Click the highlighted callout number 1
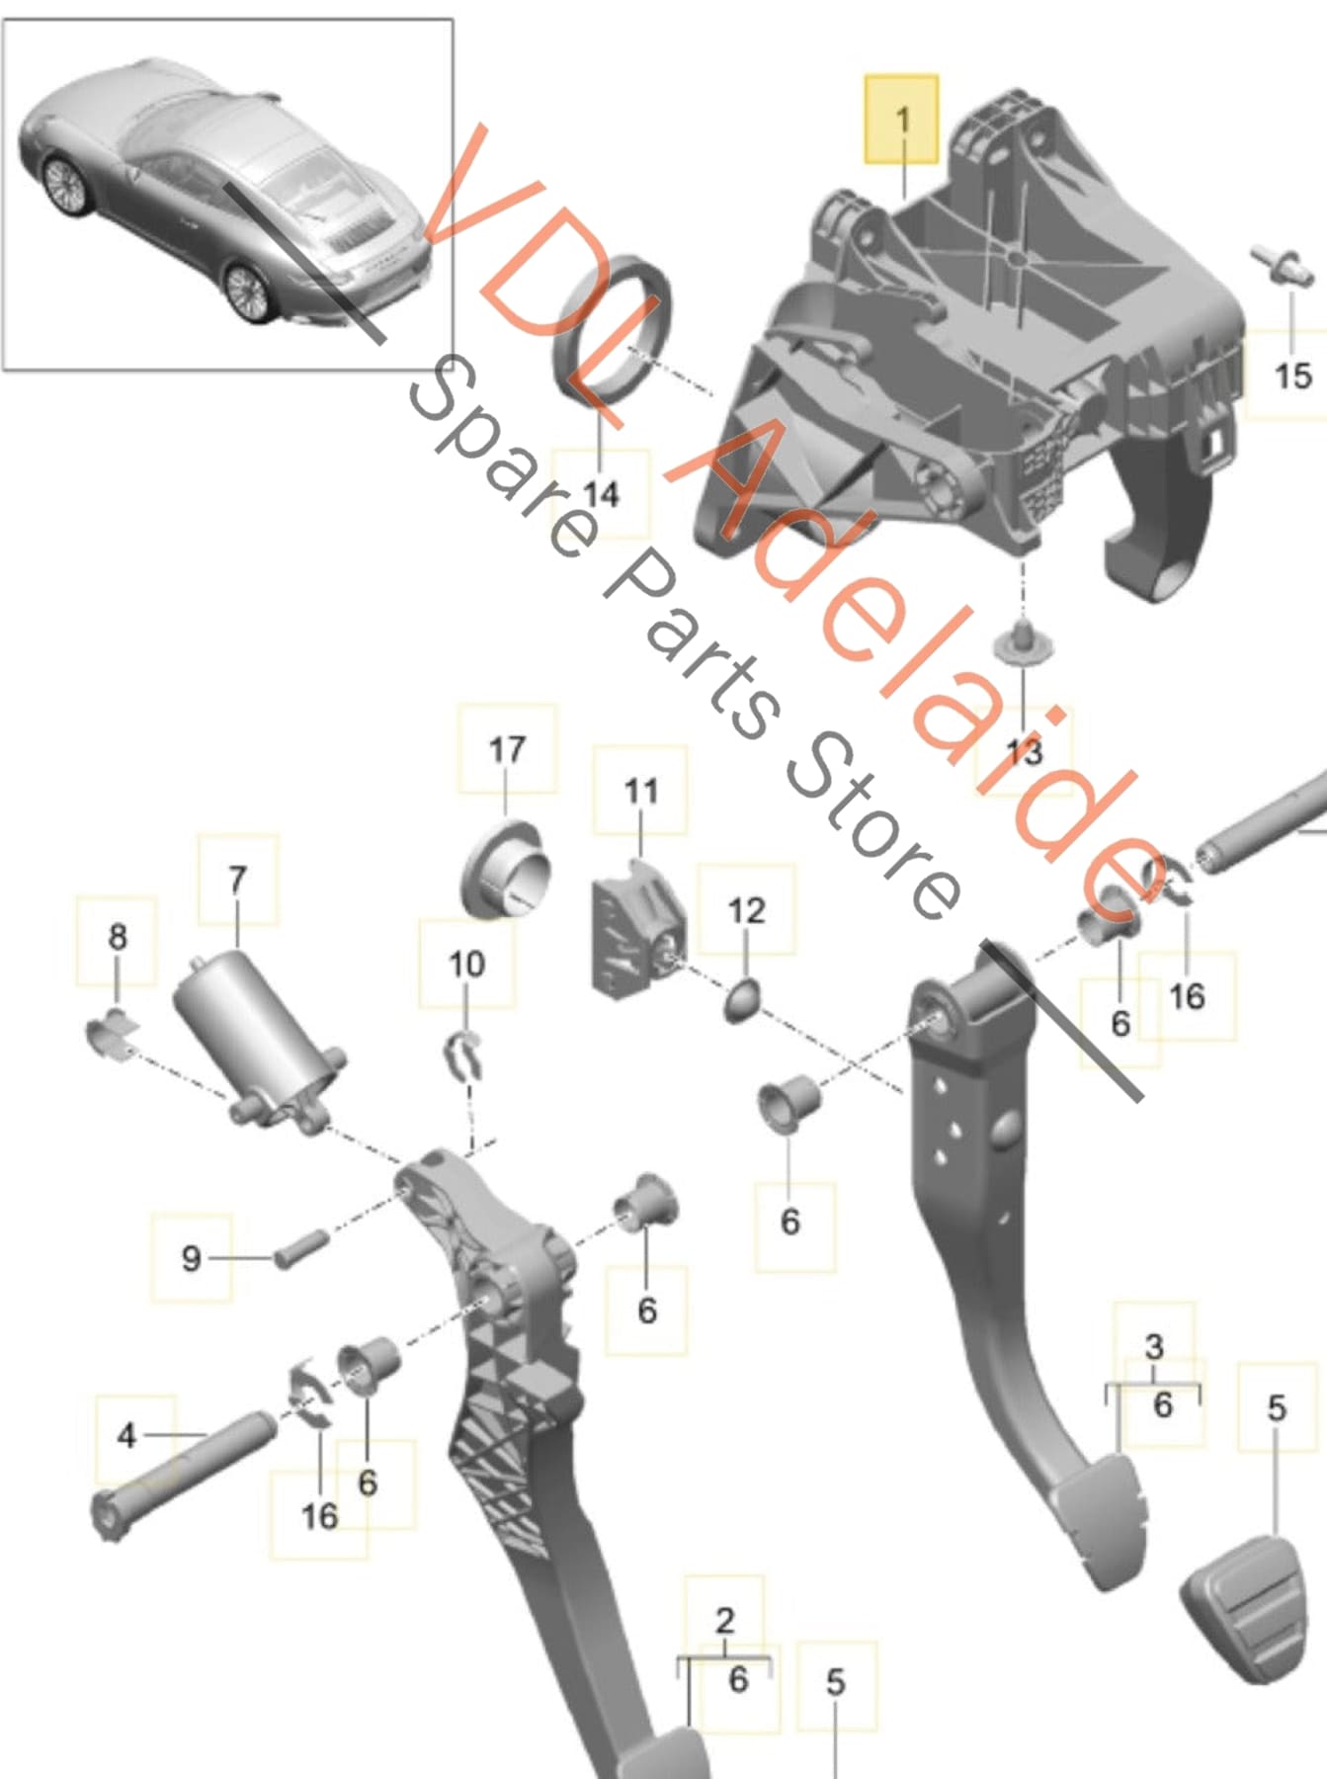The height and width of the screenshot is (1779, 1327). [x=902, y=120]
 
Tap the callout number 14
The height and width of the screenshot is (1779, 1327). [x=601, y=492]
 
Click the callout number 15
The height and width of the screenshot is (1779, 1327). [x=1292, y=376]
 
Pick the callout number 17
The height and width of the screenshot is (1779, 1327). [x=507, y=749]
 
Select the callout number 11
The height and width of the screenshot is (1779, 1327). [x=640, y=791]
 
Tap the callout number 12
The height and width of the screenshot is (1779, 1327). [x=746, y=909]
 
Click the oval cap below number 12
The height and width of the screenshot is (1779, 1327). [x=742, y=1002]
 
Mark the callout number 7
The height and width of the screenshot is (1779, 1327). [x=237, y=879]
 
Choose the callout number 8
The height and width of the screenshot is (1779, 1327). [x=118, y=936]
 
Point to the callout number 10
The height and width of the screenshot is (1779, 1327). [x=466, y=964]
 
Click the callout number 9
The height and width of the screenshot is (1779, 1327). [x=191, y=1258]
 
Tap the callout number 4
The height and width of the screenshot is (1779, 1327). [x=126, y=1435]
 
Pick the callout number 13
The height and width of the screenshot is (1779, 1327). [x=1024, y=752]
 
